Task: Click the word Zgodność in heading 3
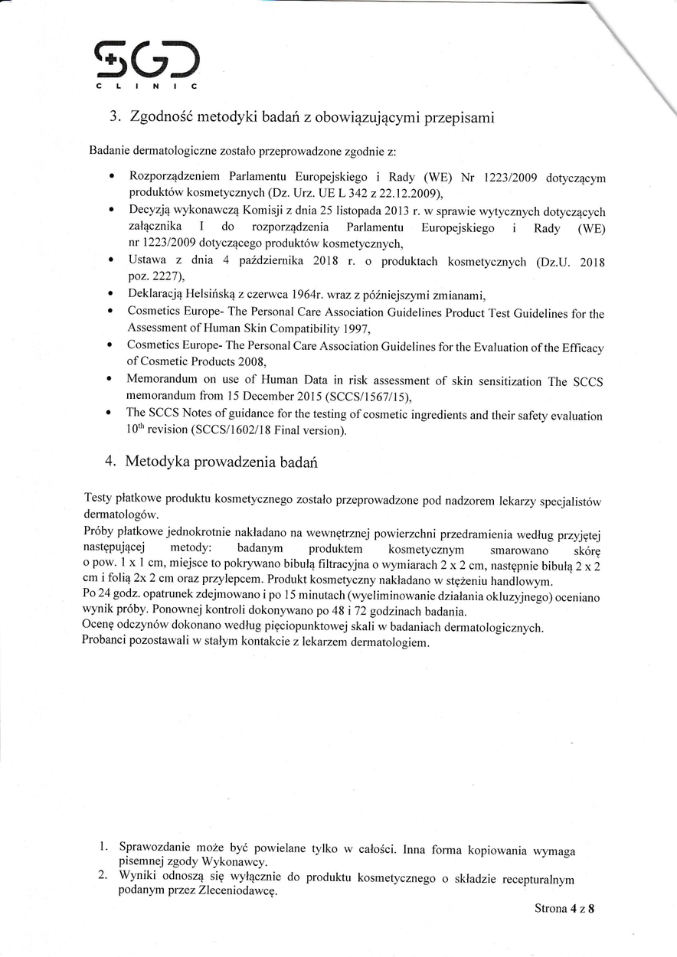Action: click(x=161, y=117)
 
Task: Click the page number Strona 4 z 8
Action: click(x=565, y=909)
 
